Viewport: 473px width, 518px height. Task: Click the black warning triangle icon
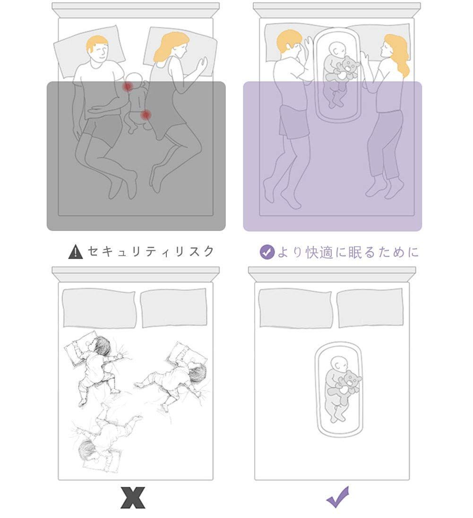click(76, 252)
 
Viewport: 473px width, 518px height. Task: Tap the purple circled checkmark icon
click(267, 252)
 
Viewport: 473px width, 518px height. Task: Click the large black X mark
click(133, 497)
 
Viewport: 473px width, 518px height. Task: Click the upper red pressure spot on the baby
click(127, 86)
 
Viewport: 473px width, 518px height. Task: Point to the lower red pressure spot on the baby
click(146, 114)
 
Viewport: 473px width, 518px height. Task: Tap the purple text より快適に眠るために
click(348, 252)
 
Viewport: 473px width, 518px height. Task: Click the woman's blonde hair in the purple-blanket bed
click(398, 54)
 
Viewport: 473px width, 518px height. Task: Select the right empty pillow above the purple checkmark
click(370, 307)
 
